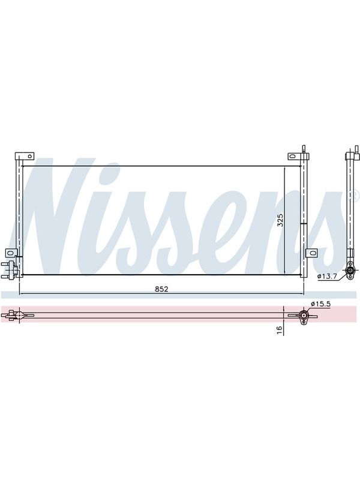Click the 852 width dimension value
[161, 289]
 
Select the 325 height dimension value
[280, 220]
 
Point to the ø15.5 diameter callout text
[320, 304]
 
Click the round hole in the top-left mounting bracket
[29, 157]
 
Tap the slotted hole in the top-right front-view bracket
[293, 156]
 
